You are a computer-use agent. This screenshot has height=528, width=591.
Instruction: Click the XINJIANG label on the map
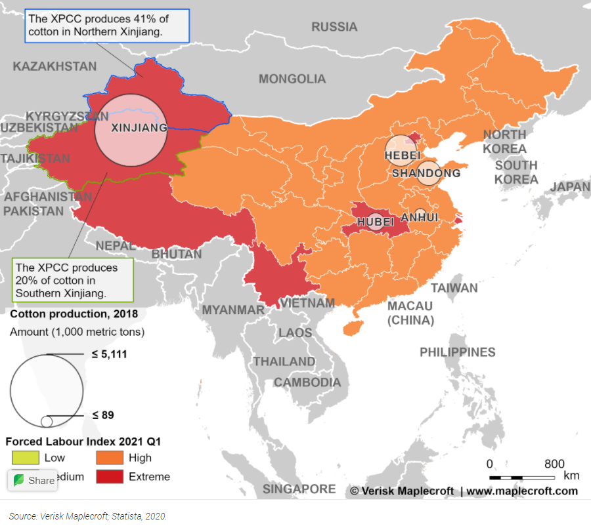[x=139, y=128]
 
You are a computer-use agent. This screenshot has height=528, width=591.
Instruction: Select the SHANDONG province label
[x=426, y=173]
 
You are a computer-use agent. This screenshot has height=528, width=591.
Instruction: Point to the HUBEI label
[x=376, y=222]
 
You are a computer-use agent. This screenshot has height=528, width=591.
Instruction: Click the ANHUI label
[x=420, y=217]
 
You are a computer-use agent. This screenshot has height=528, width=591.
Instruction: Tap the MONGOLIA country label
[x=292, y=79]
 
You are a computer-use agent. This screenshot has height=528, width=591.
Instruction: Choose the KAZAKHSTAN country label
[x=55, y=66]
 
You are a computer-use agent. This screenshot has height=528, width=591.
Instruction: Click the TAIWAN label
[x=454, y=288]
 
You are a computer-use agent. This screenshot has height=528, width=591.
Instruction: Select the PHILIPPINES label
[x=458, y=352]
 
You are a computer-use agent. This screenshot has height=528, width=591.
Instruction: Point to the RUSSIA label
[x=334, y=27]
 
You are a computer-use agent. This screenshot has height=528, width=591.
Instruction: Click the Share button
[x=34, y=480]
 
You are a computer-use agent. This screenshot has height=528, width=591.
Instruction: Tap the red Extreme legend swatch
[x=109, y=477]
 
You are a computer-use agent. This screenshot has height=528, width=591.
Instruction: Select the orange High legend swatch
[x=109, y=458]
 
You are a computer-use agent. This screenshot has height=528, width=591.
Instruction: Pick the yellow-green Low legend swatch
[x=25, y=458]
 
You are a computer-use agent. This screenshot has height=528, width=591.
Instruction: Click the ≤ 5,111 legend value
[x=109, y=354]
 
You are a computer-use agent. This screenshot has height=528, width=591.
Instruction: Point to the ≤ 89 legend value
[x=104, y=415]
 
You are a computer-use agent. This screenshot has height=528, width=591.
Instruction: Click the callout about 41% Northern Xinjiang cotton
[x=106, y=25]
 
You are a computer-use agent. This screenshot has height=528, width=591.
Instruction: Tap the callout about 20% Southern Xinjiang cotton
[x=72, y=280]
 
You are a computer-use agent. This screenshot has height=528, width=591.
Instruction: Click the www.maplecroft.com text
[x=522, y=491]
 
